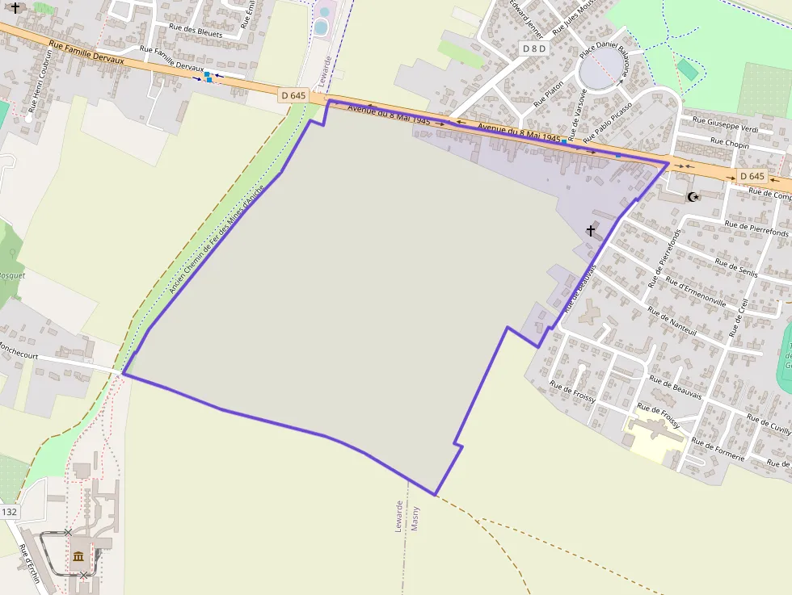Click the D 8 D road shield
pyautogui.click(x=534, y=48)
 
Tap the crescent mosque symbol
pyautogui.click(x=693, y=196)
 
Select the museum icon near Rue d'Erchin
pyautogui.click(x=78, y=556)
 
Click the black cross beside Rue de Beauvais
pyautogui.click(x=591, y=231)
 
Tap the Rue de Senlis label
pyautogui.click(x=736, y=266)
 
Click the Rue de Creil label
pyautogui.click(x=737, y=318)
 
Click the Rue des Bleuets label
pyautogui.click(x=196, y=31)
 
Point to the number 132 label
pyautogui.click(x=10, y=512)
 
